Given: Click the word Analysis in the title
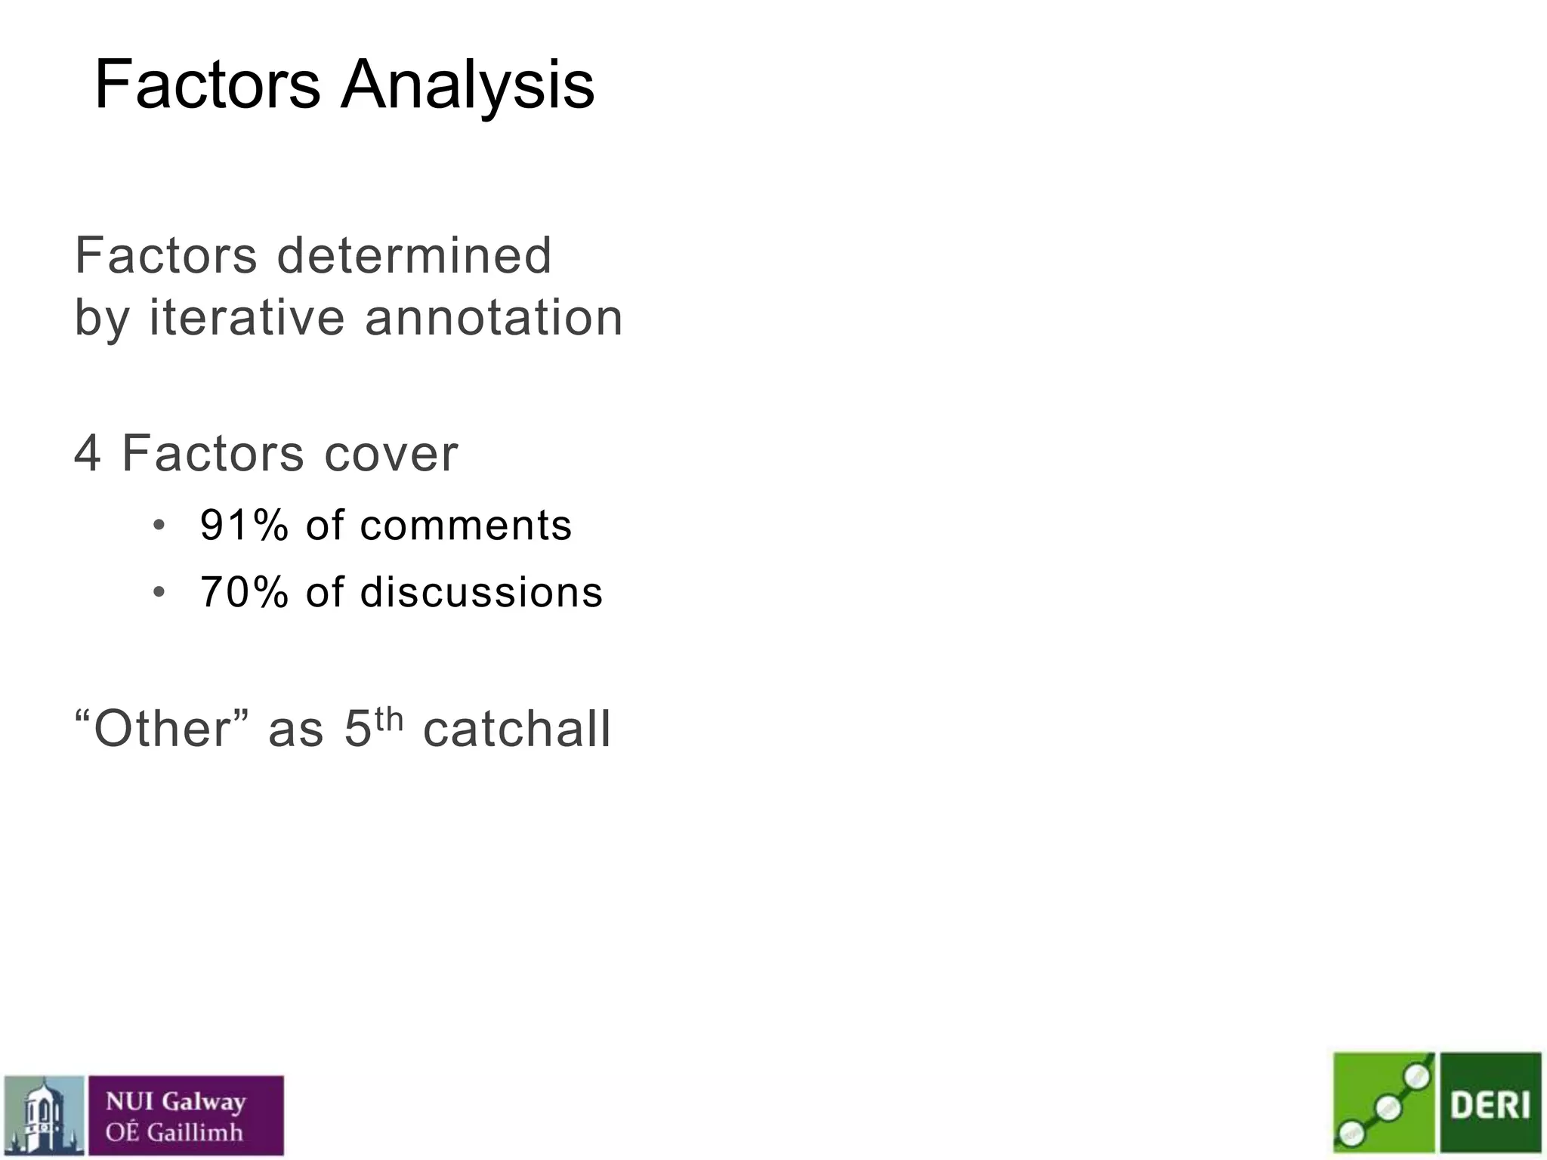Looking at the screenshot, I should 468,85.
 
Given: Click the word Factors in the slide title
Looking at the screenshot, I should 208,85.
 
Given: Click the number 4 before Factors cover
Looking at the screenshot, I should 88,454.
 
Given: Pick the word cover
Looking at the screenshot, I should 391,454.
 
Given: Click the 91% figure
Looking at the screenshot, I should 244,525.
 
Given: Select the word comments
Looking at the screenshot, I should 466,525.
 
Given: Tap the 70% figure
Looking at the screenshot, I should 244,591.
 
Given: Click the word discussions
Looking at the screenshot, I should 481,591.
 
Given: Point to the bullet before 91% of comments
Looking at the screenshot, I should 159,526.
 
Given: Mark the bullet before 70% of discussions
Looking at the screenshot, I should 159,592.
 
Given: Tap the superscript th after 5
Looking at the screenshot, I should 389,719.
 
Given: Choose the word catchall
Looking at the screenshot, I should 517,729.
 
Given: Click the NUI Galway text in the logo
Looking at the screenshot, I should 176,1102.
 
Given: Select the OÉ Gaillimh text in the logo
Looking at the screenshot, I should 174,1132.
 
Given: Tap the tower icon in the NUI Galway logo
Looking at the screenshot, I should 44,1115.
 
